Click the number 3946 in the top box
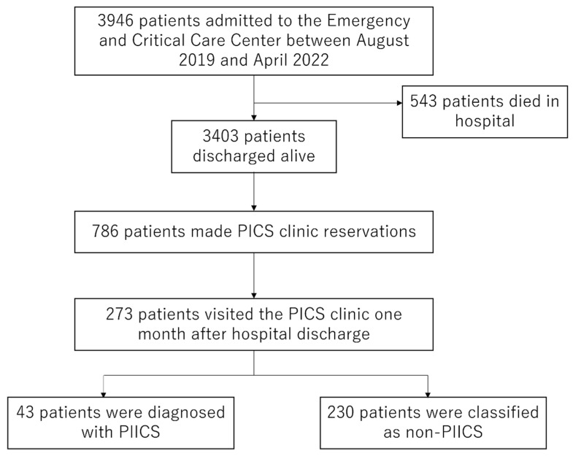[x=115, y=21]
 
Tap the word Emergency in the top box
[x=369, y=22]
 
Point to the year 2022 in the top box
[x=311, y=61]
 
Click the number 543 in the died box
[x=423, y=101]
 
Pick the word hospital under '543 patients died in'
[x=485, y=121]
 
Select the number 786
[x=105, y=232]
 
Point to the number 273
[x=119, y=314]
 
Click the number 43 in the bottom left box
[x=26, y=412]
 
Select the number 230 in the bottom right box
[x=341, y=412]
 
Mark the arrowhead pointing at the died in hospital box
[x=399, y=103]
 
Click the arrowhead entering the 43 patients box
[x=104, y=395]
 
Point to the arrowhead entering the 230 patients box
[x=428, y=395]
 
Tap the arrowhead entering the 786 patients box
[x=254, y=208]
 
